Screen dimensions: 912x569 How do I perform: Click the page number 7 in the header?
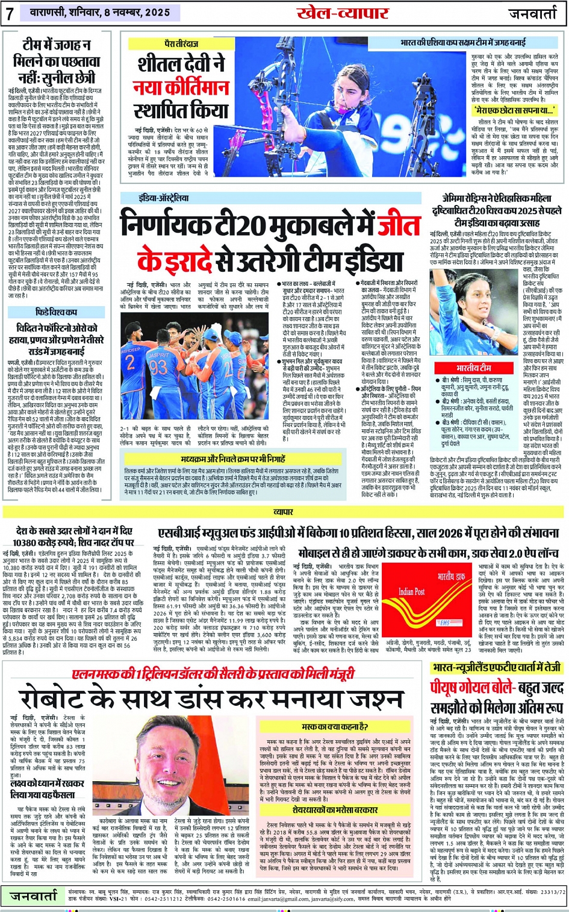click(x=10, y=13)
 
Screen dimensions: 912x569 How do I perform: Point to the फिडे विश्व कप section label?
click(x=56, y=312)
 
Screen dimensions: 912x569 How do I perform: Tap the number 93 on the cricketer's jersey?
click(x=158, y=366)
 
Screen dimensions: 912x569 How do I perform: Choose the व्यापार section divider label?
click(x=284, y=512)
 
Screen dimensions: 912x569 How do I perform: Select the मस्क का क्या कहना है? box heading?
click(x=334, y=728)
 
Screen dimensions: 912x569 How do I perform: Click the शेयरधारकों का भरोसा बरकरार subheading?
click(x=335, y=810)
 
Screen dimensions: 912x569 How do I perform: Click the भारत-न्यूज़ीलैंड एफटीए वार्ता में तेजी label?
click(x=496, y=667)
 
